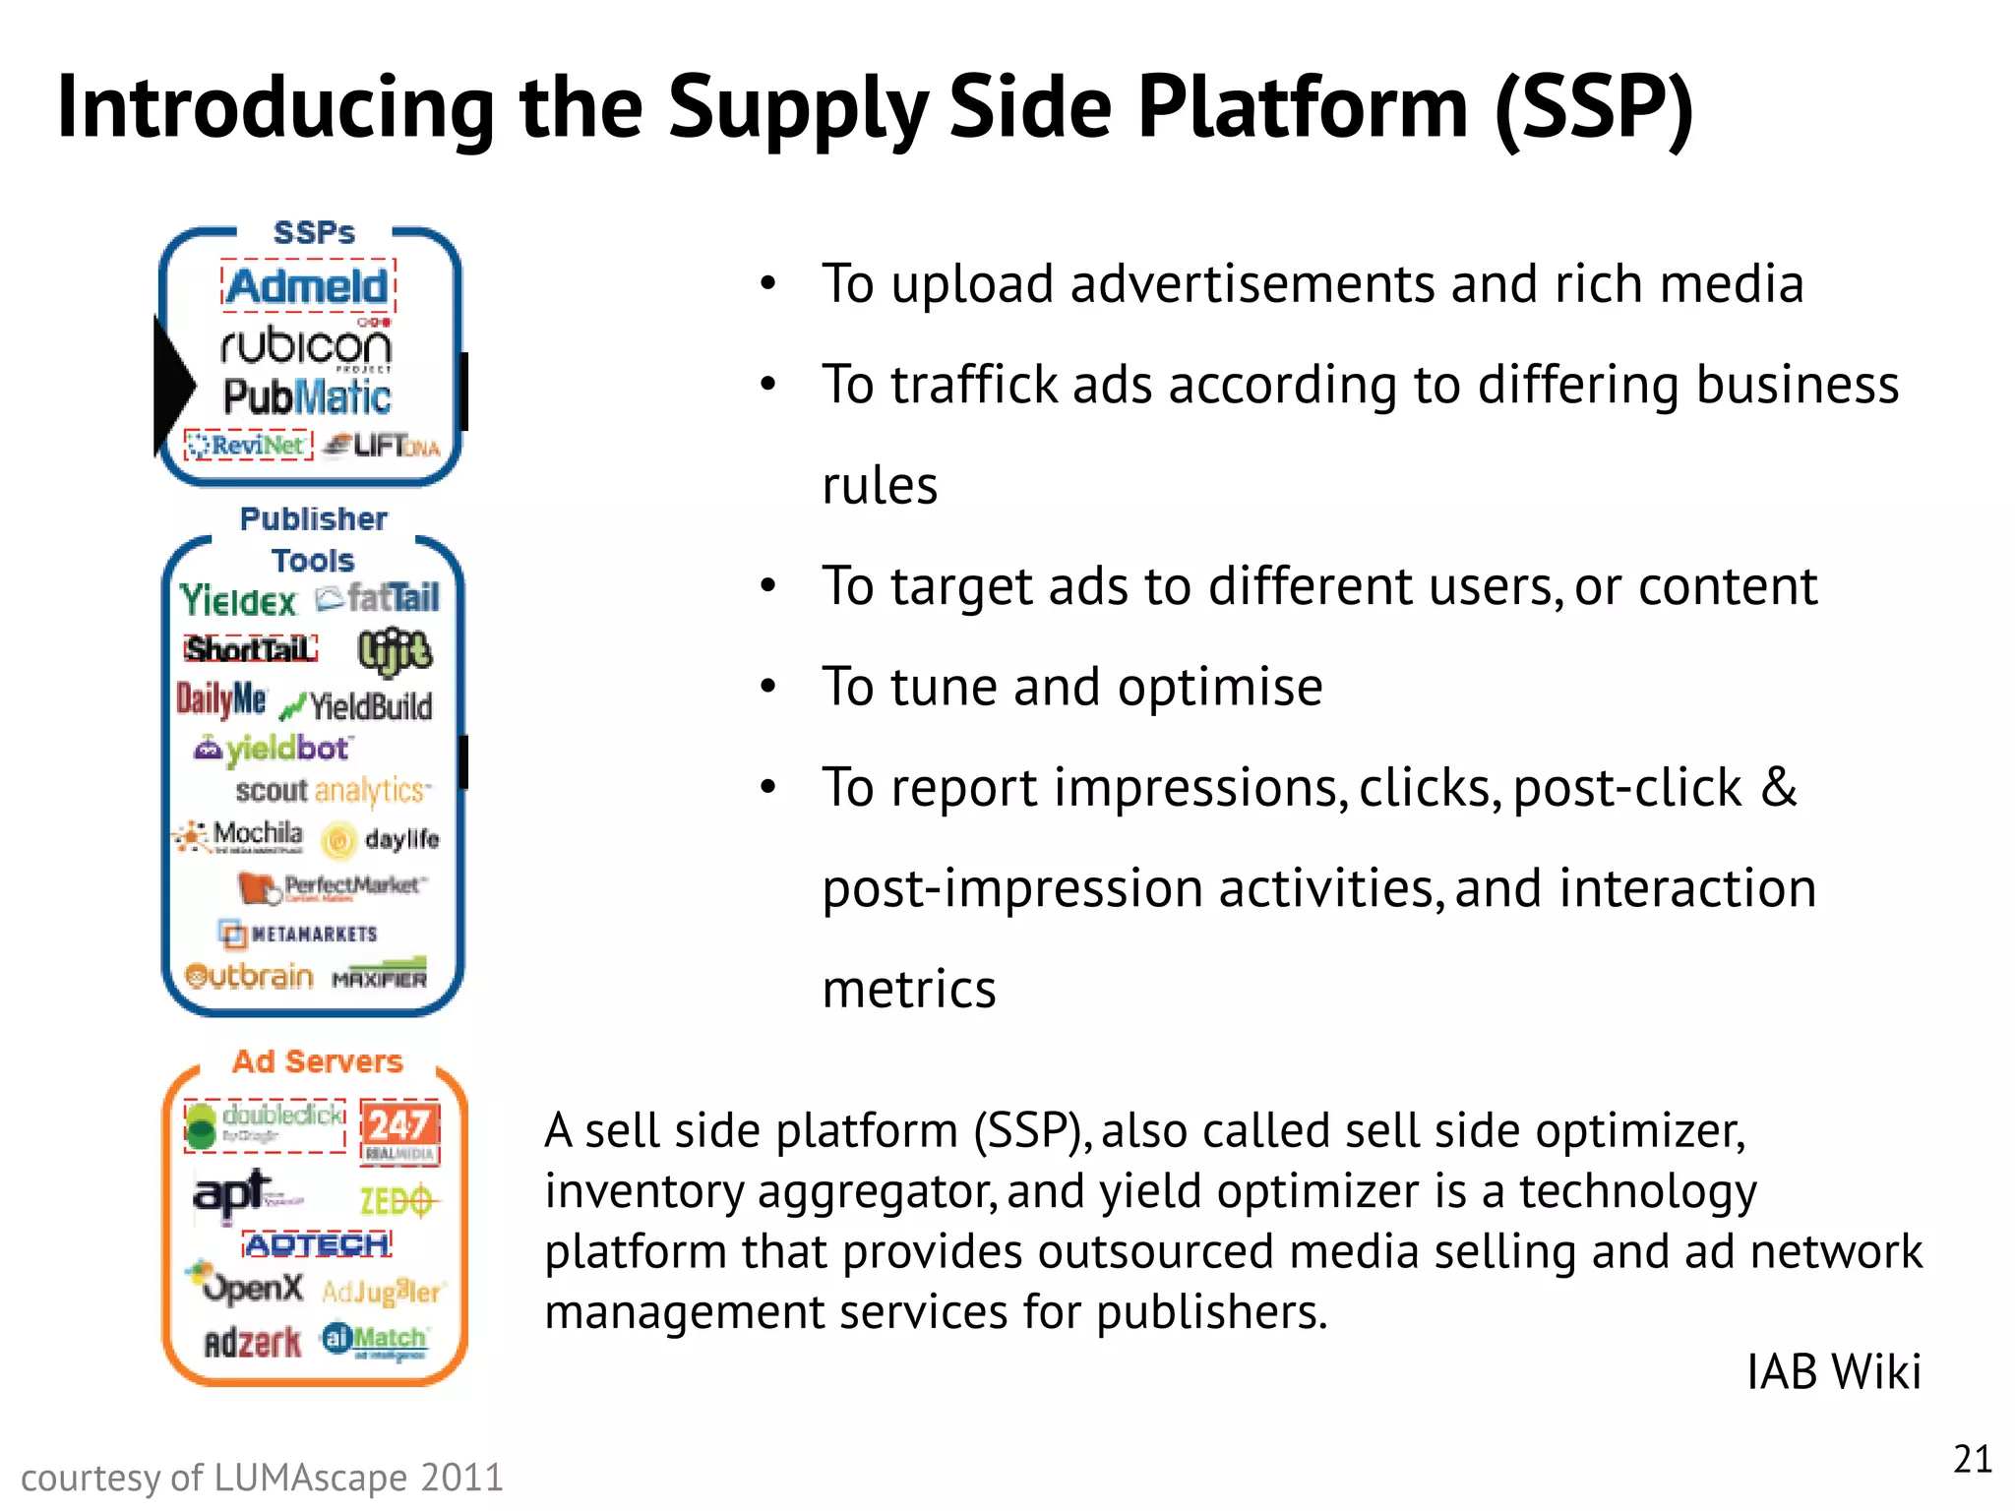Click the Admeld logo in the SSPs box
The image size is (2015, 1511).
(308, 287)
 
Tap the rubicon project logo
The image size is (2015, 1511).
(306, 346)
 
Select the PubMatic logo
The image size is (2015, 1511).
(307, 397)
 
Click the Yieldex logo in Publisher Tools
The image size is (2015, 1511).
(238, 600)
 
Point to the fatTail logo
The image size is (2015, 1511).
(379, 597)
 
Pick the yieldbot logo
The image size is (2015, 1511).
(274, 750)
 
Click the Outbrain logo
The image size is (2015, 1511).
(250, 976)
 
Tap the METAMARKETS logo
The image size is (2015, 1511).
(299, 934)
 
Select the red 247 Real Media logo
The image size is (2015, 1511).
(398, 1131)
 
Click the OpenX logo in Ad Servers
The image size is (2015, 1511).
(248, 1286)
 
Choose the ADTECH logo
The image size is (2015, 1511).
(317, 1244)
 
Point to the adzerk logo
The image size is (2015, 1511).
(252, 1342)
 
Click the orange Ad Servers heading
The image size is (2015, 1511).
(317, 1061)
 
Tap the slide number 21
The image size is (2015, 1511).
(1972, 1459)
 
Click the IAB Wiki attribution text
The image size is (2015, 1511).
(1833, 1371)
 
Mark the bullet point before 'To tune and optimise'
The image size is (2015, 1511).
(768, 686)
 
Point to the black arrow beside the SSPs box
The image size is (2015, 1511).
(175, 384)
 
